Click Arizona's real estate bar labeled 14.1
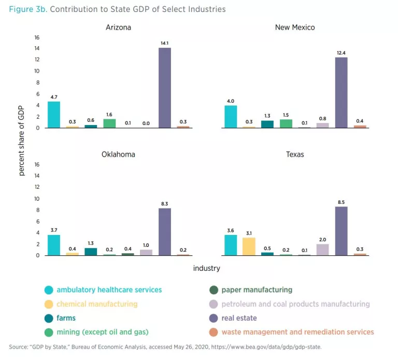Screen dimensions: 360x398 click(x=164, y=88)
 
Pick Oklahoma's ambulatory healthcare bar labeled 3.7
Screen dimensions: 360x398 click(x=54, y=245)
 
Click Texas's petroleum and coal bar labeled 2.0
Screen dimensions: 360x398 click(x=322, y=250)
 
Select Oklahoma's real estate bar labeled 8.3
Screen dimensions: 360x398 click(x=164, y=232)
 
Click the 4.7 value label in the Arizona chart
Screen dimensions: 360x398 click(x=54, y=97)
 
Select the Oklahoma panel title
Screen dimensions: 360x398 click(x=118, y=155)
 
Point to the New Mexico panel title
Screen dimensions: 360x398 click(x=295, y=27)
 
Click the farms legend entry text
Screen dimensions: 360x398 click(x=66, y=318)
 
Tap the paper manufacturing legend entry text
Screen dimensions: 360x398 click(x=257, y=290)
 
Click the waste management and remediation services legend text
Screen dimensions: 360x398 click(x=297, y=332)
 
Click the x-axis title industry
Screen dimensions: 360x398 click(x=206, y=268)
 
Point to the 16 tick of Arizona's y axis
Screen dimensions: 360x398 click(x=37, y=37)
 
